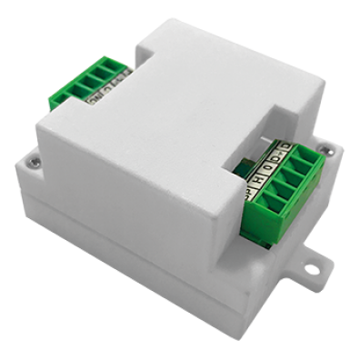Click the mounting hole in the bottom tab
[x=313, y=269]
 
